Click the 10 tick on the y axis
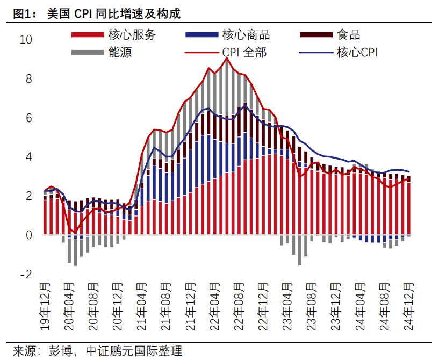pos(26,40)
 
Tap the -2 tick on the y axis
pos(26,275)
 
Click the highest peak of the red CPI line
pos(227,58)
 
